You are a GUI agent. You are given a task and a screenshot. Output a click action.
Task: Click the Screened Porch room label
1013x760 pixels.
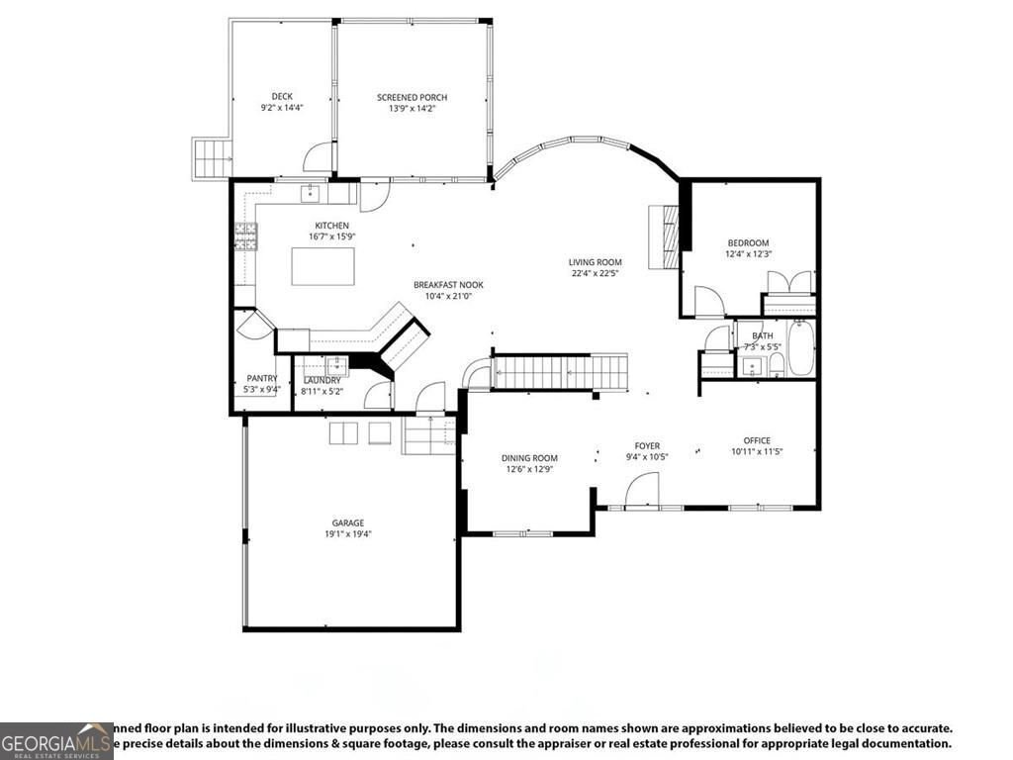(412, 97)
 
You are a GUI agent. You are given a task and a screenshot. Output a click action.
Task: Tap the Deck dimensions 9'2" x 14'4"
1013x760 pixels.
(281, 107)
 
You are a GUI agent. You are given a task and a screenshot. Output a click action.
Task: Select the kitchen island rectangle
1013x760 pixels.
(322, 265)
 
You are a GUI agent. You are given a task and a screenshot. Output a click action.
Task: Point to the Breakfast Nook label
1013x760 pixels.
(448, 285)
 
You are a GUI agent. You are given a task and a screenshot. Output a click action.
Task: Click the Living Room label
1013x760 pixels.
(595, 262)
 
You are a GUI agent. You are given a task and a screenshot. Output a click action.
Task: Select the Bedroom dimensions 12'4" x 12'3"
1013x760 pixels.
(748, 254)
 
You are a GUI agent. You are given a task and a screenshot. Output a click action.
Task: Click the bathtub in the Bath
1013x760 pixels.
(800, 348)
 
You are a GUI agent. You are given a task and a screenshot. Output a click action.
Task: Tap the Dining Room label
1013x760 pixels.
(529, 457)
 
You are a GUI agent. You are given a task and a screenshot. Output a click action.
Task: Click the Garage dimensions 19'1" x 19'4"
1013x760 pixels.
(347, 533)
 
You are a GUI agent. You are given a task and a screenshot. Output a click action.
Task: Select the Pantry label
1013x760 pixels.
(262, 378)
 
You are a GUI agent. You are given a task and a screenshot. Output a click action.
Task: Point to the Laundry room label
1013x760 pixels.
(322, 380)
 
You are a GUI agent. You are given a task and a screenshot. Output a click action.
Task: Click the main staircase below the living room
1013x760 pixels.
(560, 373)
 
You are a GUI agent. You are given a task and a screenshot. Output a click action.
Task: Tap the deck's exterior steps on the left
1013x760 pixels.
(210, 156)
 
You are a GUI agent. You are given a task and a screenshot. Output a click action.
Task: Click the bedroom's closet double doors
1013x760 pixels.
(788, 282)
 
